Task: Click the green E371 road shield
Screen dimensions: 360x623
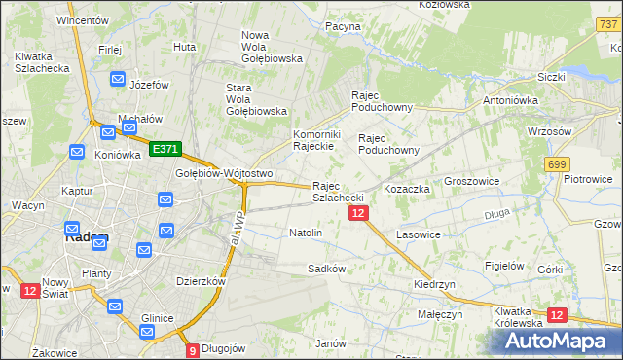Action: point(165,149)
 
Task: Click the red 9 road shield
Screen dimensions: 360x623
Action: point(193,350)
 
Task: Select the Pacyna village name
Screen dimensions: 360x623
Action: point(343,27)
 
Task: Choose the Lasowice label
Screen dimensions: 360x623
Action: point(420,235)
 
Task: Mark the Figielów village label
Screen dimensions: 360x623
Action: point(505,266)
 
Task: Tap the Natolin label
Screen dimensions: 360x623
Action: point(306,234)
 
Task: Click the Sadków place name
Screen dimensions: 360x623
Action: point(327,269)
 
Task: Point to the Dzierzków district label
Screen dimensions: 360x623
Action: point(201,281)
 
